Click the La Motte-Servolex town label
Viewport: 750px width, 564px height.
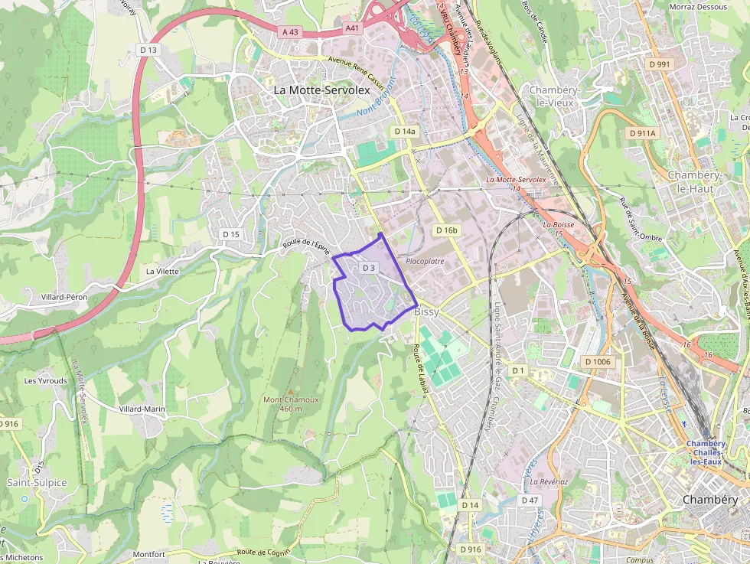pos(321,90)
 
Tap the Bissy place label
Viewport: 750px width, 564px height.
pos(426,313)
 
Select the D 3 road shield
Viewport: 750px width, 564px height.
pos(369,268)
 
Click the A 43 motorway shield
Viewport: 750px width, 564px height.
pos(290,31)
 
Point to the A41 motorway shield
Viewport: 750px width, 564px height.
pos(351,28)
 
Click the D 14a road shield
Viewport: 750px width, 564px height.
pos(405,132)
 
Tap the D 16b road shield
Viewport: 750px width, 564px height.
pos(446,230)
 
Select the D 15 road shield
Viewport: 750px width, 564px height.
pos(230,234)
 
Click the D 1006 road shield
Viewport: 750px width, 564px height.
pos(597,361)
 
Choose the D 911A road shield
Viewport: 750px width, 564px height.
pos(642,133)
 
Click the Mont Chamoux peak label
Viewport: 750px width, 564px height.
pos(290,399)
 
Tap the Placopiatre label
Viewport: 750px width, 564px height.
pos(425,262)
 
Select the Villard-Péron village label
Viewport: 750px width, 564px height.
pos(64,297)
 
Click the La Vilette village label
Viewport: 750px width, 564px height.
pos(162,272)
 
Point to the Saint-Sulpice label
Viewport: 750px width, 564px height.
pos(37,483)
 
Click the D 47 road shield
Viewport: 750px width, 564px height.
pos(530,500)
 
